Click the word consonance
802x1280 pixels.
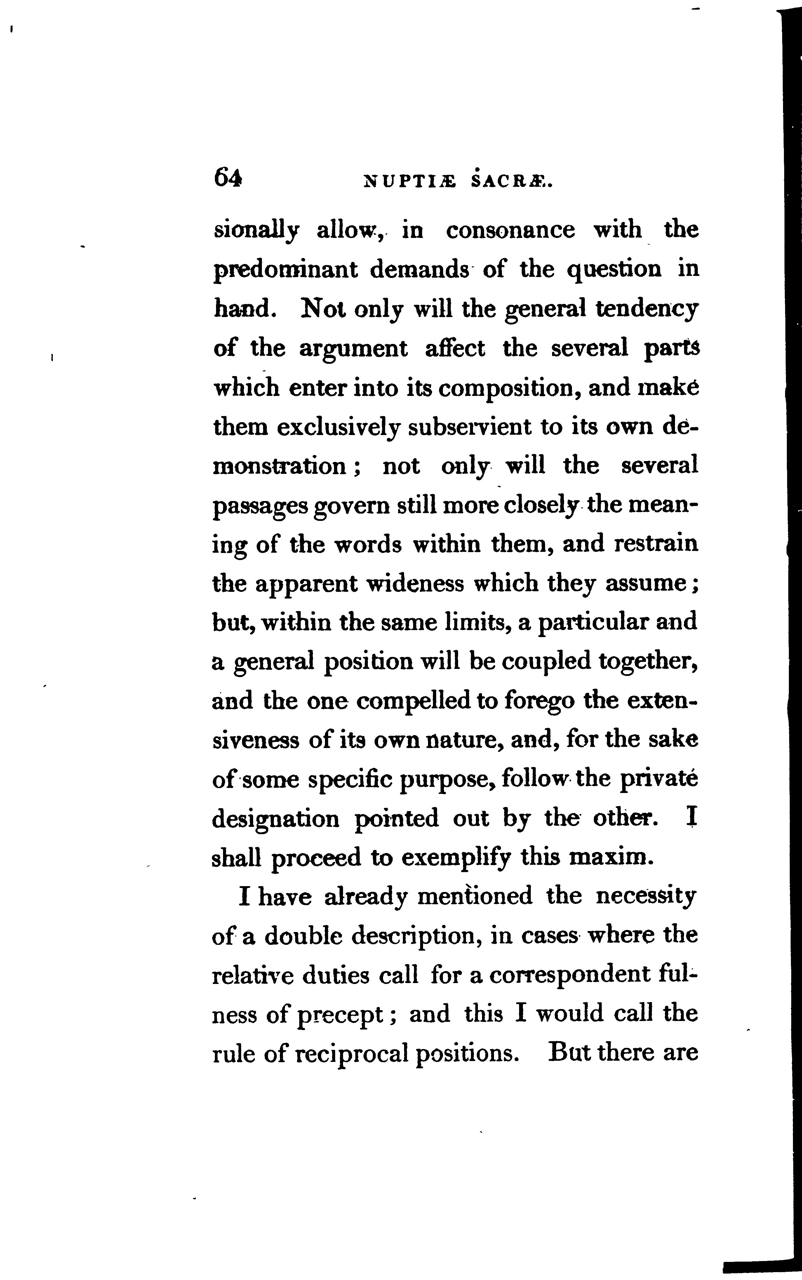click(x=510, y=230)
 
